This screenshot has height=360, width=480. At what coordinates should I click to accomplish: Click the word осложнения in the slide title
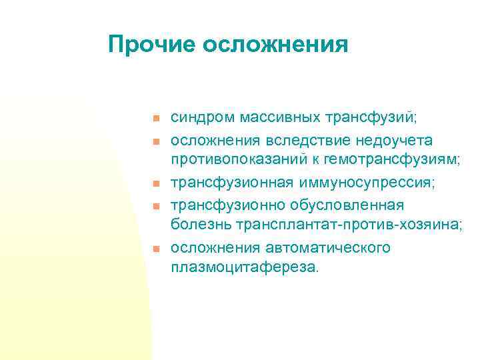[275, 45]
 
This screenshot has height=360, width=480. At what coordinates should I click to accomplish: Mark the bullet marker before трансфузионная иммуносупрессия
[153, 183]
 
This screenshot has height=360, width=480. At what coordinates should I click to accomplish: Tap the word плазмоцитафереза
[245, 267]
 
